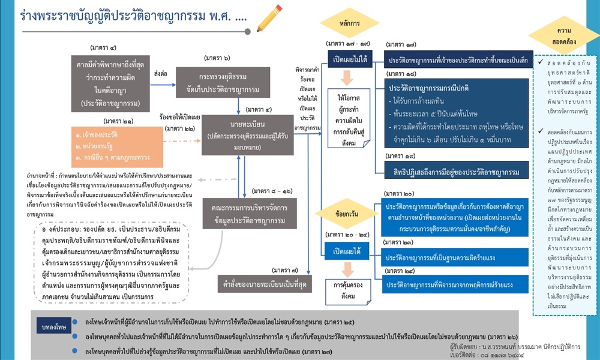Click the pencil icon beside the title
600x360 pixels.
tap(269, 17)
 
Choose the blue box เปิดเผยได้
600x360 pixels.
tap(347, 249)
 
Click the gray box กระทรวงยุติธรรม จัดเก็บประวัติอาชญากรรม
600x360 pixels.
tap(234, 82)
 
